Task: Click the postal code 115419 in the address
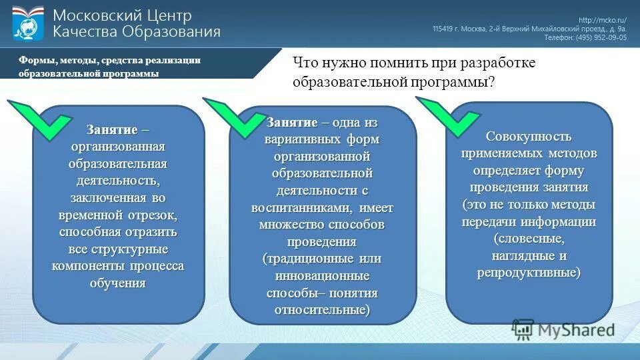[445, 29]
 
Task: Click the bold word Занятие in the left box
[112, 129]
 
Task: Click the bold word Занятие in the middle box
[291, 123]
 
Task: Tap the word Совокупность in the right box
[529, 137]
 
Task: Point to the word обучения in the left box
[118, 283]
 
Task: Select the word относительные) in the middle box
[322, 310]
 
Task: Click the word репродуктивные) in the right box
[529, 273]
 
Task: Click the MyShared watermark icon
[523, 329]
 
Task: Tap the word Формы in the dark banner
[34, 60]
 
